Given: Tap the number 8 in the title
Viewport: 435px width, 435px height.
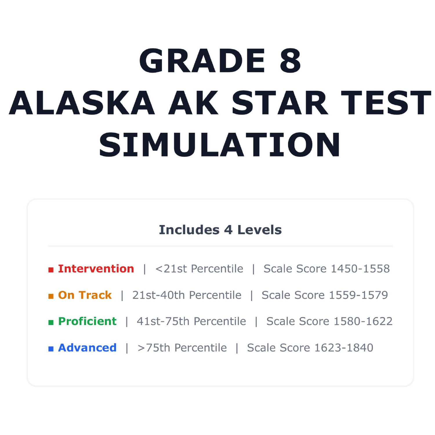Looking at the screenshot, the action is (290, 61).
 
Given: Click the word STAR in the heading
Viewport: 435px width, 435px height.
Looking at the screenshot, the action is (280, 103).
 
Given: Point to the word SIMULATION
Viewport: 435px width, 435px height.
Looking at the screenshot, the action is (220, 145).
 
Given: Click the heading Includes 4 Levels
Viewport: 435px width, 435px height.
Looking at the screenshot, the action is (220, 230).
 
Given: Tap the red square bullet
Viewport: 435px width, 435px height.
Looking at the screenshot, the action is (51, 270).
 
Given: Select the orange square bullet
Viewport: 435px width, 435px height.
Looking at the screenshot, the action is (51, 296).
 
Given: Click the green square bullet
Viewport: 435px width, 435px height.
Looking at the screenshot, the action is (51, 322).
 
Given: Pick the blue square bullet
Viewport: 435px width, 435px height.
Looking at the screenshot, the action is (51, 349).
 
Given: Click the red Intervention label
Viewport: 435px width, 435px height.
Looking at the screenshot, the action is (96, 269).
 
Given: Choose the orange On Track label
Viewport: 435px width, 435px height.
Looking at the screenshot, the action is (85, 295).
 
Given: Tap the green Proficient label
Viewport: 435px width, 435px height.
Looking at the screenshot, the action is (87, 321).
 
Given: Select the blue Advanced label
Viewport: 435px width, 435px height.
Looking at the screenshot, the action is (87, 347).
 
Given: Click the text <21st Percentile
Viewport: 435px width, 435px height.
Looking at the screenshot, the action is (199, 269).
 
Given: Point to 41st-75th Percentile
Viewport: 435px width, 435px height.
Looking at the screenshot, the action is (191, 321).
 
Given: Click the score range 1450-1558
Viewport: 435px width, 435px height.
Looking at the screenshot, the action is (360, 269).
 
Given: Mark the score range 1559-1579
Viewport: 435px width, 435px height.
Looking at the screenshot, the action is (358, 295).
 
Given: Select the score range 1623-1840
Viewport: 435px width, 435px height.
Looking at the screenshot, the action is (344, 347).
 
